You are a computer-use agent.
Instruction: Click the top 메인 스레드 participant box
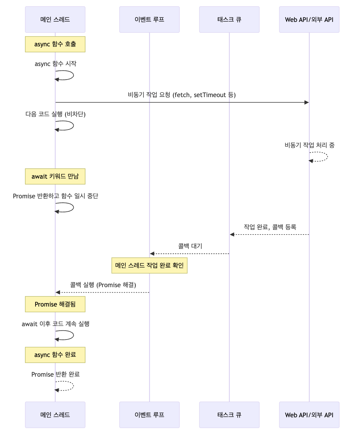click(55, 20)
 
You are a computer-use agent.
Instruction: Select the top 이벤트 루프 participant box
click(149, 20)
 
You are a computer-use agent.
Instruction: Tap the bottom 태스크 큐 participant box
click(229, 415)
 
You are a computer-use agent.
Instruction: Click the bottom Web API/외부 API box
click(309, 415)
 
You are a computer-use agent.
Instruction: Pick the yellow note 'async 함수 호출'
click(55, 44)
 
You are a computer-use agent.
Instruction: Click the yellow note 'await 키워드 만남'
click(55, 176)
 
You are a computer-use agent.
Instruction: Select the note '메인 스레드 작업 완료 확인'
click(149, 266)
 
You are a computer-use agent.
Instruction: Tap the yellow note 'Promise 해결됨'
click(55, 304)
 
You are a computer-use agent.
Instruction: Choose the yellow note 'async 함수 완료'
click(55, 355)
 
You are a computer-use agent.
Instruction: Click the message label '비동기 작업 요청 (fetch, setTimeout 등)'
click(182, 95)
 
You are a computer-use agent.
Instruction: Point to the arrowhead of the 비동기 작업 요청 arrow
click(306, 102)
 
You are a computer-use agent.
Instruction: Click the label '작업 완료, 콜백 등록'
click(270, 227)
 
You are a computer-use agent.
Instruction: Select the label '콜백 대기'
click(190, 246)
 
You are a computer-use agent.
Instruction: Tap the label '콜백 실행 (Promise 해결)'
click(103, 285)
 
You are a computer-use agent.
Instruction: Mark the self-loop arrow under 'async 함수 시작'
click(73, 76)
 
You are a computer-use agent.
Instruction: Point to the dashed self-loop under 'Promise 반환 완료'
click(73, 386)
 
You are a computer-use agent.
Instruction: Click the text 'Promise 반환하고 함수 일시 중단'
click(55, 196)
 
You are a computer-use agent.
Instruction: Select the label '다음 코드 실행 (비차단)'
click(55, 114)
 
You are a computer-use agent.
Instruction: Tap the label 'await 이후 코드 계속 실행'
click(55, 324)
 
